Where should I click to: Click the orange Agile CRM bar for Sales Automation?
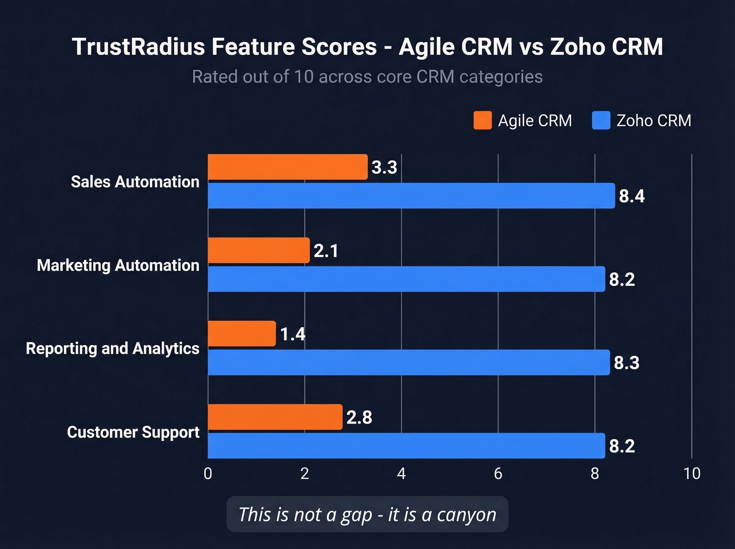[288, 167]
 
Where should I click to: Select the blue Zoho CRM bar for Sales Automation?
[411, 196]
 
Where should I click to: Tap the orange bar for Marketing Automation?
[259, 251]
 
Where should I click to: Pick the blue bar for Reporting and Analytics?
[409, 362]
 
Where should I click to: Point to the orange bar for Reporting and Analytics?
[242, 334]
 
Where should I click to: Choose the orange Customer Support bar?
[275, 417]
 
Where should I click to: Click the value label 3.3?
[384, 168]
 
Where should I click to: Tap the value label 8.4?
[632, 196]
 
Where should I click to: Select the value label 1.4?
[292, 334]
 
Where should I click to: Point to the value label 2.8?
[359, 418]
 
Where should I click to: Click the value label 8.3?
[626, 363]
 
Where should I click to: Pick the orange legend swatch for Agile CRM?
[482, 120]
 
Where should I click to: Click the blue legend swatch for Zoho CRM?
[601, 120]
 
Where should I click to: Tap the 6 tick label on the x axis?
[498, 474]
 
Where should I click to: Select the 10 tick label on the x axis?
[692, 474]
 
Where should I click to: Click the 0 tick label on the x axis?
[208, 474]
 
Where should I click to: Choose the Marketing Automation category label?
[118, 265]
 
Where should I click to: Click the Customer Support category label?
[133, 432]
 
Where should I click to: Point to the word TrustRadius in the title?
[138, 47]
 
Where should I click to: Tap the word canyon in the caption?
[466, 515]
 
